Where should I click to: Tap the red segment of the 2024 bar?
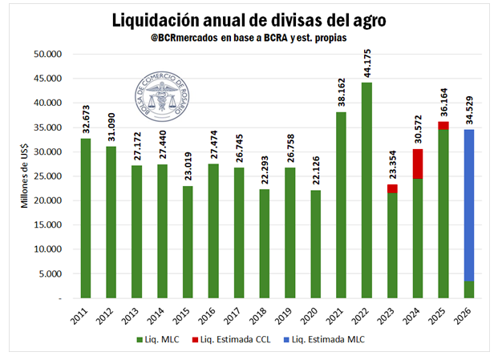[417, 164]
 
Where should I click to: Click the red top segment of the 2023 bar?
[391, 188]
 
